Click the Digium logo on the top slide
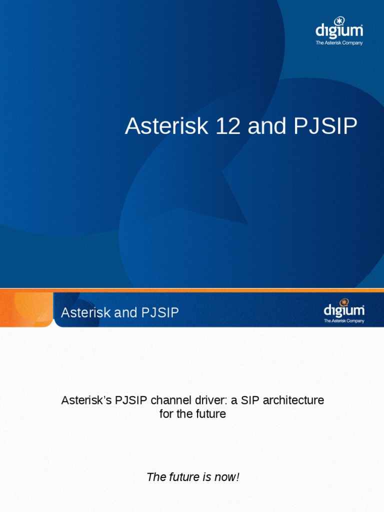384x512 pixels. [x=339, y=29]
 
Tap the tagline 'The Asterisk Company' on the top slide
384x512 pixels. [x=339, y=43]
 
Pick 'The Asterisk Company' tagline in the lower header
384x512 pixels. [x=344, y=321]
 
